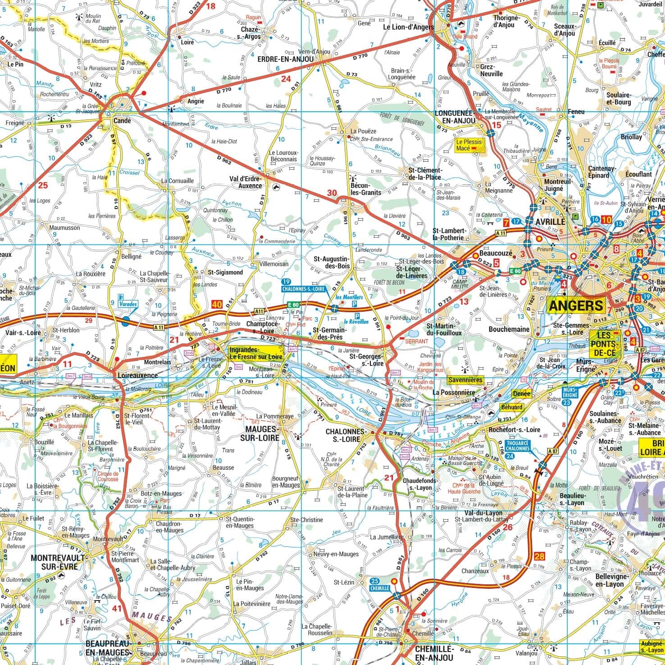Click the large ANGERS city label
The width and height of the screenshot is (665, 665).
coord(576,305)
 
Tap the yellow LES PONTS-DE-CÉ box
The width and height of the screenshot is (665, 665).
coord(603,344)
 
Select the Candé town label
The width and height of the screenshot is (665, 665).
coord(122,121)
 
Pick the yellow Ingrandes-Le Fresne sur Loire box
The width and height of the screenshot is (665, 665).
coord(256,353)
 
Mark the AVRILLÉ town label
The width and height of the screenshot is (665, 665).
coord(550,222)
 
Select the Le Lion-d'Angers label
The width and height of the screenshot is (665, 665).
coord(408,27)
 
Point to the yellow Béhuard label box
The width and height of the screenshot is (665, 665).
coord(512,407)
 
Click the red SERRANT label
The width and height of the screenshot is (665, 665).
coord(416,341)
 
